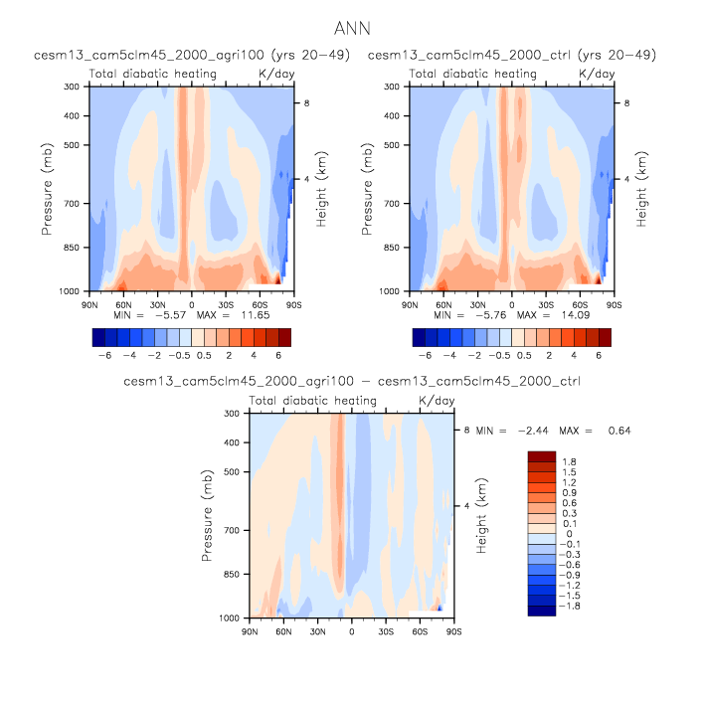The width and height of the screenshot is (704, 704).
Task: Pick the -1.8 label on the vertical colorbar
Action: pyautogui.click(x=568, y=605)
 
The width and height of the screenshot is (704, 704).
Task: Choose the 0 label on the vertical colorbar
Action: pyautogui.click(x=565, y=534)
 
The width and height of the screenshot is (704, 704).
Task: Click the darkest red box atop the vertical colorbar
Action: pyautogui.click(x=541, y=455)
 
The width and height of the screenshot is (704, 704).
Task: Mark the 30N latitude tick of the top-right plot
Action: pyautogui.click(x=477, y=305)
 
